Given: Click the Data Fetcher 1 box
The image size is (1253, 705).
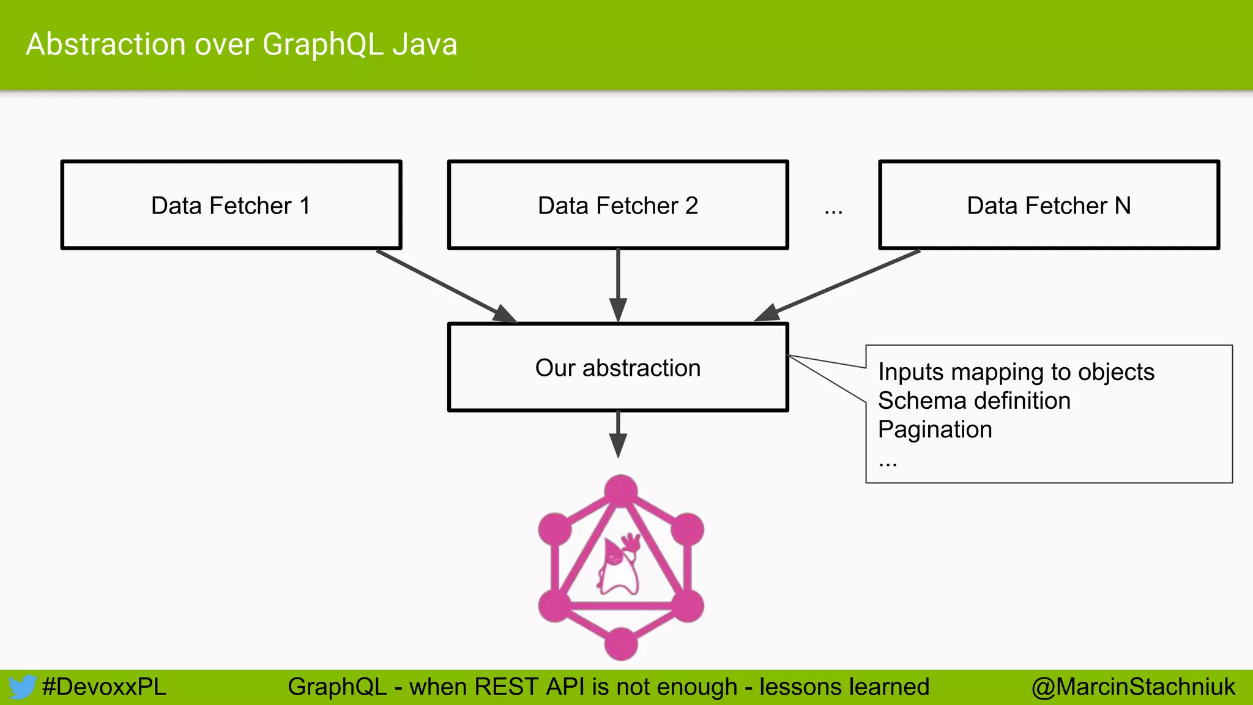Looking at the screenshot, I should point(231,205).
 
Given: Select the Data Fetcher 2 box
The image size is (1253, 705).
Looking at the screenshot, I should point(618,205).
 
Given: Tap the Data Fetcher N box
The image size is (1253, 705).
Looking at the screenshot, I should point(1049,205).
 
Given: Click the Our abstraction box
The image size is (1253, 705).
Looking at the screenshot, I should point(618,367).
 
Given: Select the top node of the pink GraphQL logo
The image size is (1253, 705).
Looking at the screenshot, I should point(621,491).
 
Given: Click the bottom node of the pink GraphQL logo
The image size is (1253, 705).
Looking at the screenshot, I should point(621,644).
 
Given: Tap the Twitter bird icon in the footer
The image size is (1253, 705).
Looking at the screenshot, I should point(22,687).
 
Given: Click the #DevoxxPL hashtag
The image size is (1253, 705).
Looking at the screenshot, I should point(104,687).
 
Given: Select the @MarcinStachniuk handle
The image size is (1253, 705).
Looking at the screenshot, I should point(1133,687).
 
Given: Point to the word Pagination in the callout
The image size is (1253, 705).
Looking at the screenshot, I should point(935,430).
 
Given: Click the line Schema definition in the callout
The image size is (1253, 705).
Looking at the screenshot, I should point(974,401).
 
